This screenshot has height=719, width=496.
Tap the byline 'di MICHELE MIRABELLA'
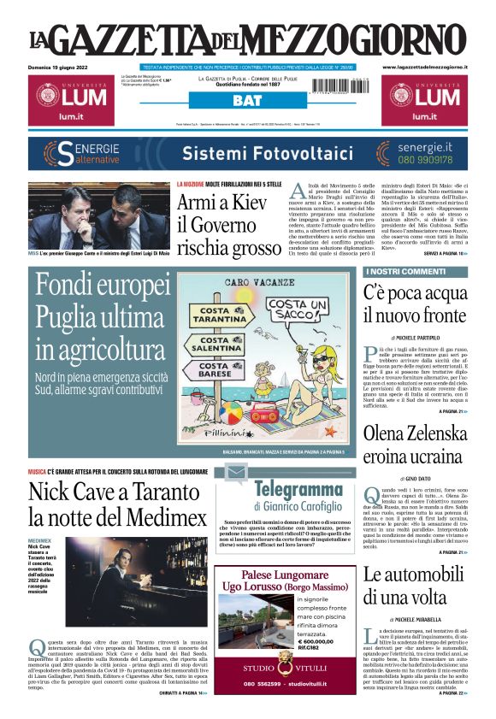[x=416, y=618]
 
